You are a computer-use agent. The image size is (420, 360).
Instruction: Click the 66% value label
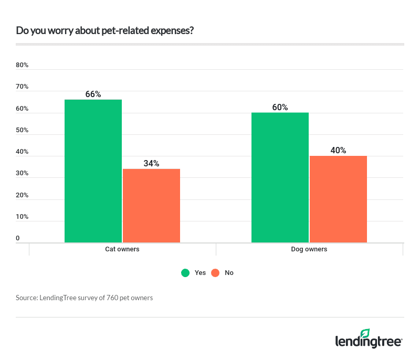(93, 94)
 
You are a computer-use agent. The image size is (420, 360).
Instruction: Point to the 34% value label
(151, 164)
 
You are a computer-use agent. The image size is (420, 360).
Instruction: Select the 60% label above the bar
(280, 108)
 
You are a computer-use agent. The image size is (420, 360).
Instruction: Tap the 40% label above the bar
(338, 151)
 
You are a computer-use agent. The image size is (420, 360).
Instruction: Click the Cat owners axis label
(122, 249)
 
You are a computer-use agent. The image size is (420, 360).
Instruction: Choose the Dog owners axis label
(309, 249)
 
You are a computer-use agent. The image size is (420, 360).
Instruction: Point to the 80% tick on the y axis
(22, 65)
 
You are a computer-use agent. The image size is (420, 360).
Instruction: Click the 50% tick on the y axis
(22, 130)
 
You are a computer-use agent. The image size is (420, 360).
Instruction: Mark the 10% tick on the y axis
(22, 217)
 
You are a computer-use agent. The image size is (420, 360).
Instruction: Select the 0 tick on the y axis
(18, 238)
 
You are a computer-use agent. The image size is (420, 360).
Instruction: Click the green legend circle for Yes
(185, 273)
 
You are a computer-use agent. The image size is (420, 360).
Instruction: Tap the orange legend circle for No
(215, 273)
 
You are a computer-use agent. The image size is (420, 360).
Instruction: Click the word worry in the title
(58, 31)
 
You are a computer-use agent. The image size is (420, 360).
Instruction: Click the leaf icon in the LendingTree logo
(365, 334)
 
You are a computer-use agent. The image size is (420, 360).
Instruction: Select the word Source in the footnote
(26, 298)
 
